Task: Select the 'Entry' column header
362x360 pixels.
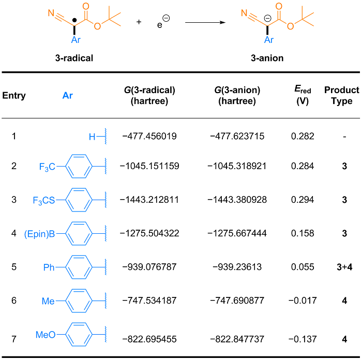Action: [x=14, y=96]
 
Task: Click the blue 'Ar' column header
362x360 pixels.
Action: [x=68, y=96]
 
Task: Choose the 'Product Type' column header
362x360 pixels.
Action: [x=341, y=96]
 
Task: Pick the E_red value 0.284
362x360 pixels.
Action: [x=303, y=167]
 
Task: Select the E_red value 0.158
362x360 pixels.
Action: [x=303, y=233]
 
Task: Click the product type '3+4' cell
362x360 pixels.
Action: [x=341, y=267]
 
